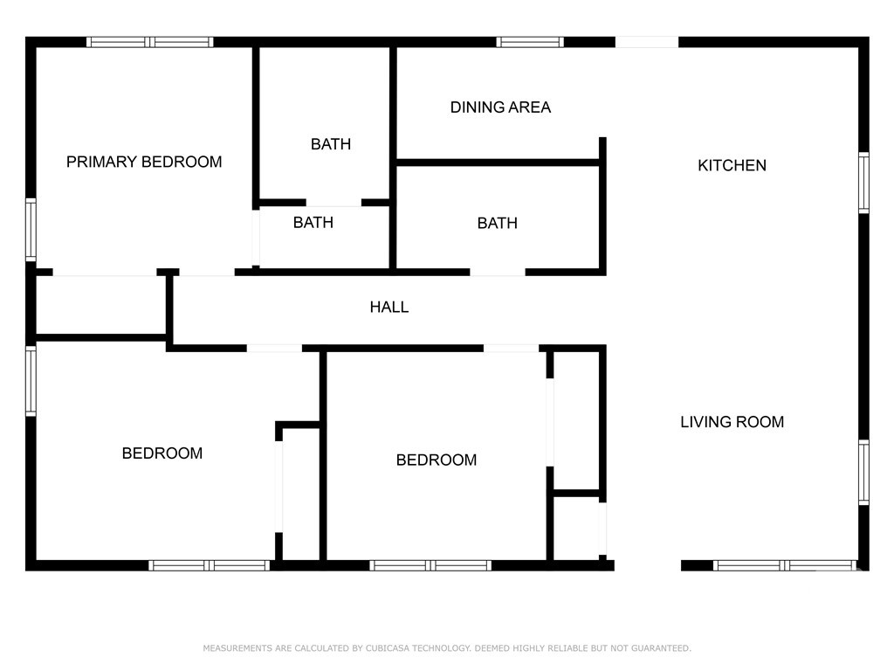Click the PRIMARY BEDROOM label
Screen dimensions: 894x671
tap(144, 162)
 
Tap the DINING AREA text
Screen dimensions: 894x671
tap(500, 107)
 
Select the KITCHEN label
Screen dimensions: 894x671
tap(732, 165)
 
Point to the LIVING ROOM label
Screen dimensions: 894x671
tap(732, 422)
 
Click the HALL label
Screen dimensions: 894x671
tap(389, 307)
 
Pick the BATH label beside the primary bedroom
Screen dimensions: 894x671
tap(331, 144)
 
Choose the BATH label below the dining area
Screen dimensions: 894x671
tap(498, 223)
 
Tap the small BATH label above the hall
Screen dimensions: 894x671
tap(313, 223)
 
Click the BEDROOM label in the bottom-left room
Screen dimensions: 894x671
tap(162, 453)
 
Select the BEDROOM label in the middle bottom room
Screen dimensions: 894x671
tap(437, 460)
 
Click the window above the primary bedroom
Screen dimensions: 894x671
tap(150, 42)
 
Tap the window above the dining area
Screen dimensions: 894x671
tap(530, 42)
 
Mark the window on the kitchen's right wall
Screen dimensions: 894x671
tap(863, 183)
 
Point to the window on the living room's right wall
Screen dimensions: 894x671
tap(863, 473)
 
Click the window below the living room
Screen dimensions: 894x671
tap(785, 565)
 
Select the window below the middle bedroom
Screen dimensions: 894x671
tap(430, 565)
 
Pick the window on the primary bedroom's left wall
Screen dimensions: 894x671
tap(31, 230)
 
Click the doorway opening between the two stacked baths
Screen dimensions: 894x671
tap(334, 203)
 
